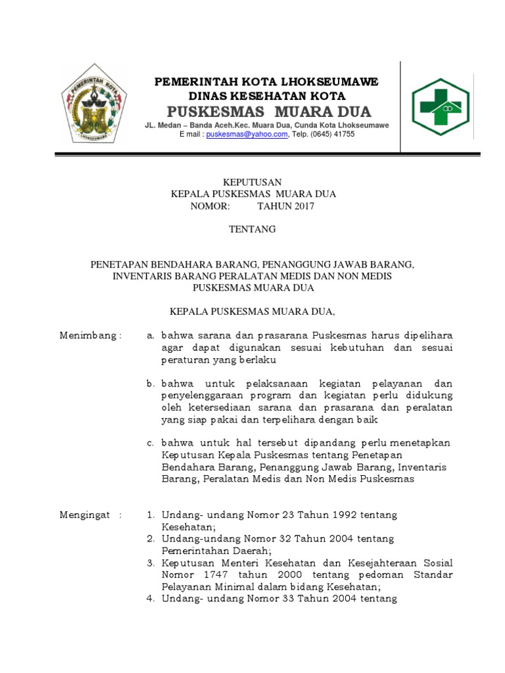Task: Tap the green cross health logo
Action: tap(441, 106)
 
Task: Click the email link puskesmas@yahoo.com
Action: tap(247, 134)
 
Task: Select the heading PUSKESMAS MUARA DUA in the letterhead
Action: tap(268, 110)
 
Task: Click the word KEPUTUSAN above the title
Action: tap(252, 182)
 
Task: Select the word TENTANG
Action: tap(252, 230)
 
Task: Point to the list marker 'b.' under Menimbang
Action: tap(151, 383)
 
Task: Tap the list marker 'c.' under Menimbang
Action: tap(151, 443)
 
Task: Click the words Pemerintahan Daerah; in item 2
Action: tap(216, 551)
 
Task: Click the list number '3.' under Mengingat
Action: tap(151, 563)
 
